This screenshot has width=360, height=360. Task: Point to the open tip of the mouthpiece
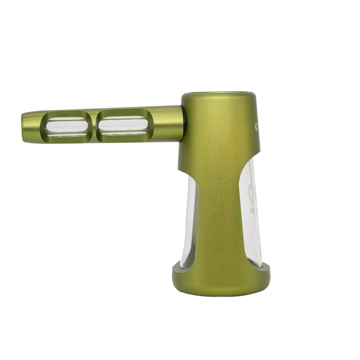24,125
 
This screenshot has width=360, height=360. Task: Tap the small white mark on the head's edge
255,125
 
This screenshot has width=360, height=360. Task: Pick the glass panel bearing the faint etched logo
251,215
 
